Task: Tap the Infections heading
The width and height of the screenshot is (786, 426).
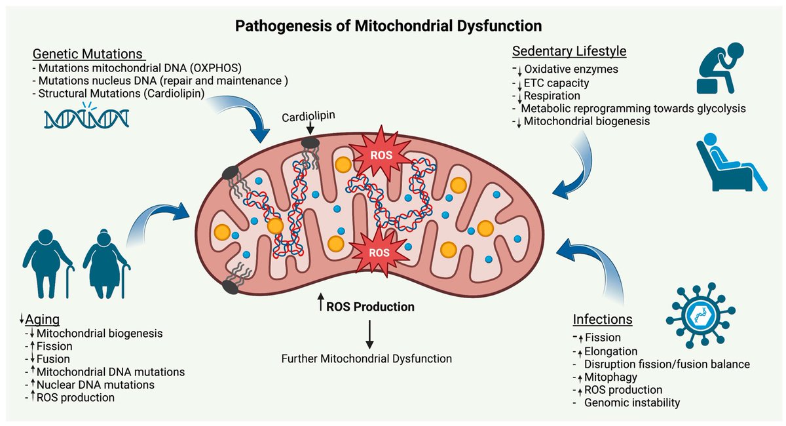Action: point(603,320)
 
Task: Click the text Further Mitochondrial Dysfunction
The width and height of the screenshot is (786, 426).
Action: point(367,358)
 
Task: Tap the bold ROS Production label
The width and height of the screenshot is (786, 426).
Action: point(370,306)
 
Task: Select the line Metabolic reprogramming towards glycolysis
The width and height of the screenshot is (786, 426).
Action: point(633,108)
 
